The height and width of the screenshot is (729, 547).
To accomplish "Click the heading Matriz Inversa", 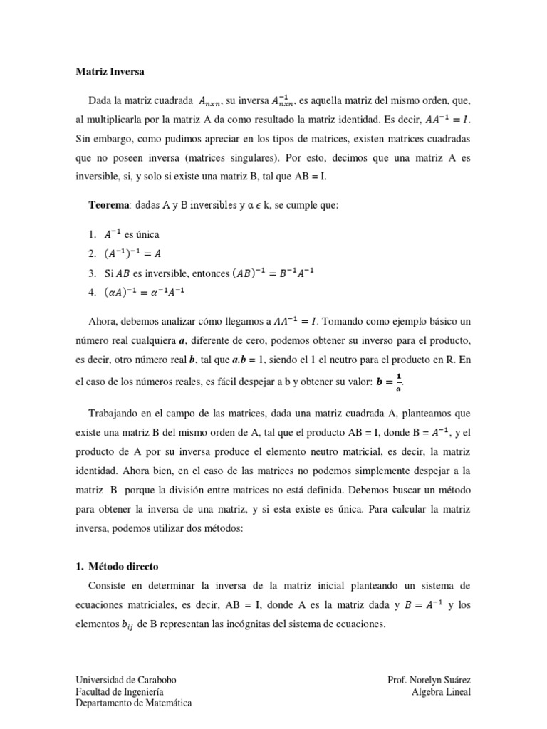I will tap(110, 72).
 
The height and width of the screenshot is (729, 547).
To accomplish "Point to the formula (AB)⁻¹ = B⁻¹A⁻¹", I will tap(280, 273).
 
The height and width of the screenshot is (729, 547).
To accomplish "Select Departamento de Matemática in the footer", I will tap(134, 703).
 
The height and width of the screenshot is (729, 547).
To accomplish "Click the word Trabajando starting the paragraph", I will tap(115, 413).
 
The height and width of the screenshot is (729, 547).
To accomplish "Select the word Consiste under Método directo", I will tap(109, 585).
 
